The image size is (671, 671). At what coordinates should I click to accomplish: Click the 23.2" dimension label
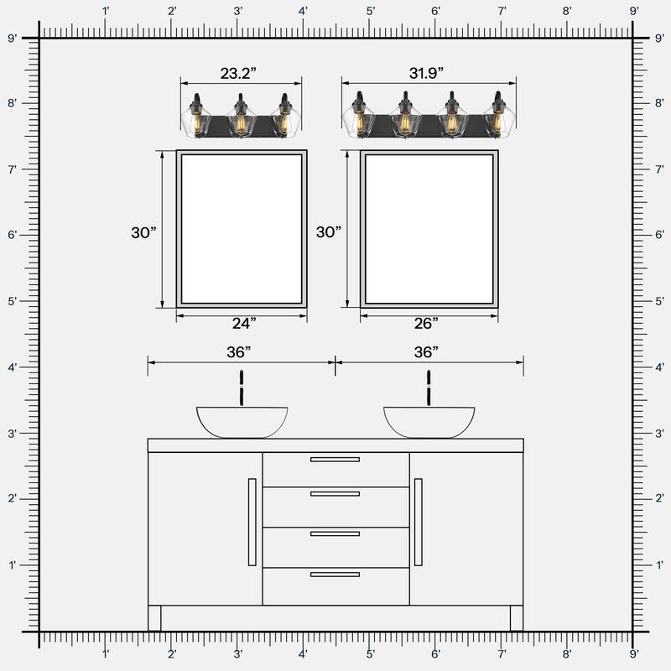coord(238,74)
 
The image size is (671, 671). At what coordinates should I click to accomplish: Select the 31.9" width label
coord(427,74)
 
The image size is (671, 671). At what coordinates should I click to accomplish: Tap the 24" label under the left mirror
coord(242,323)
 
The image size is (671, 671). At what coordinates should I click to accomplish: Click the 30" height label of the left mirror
coord(143,232)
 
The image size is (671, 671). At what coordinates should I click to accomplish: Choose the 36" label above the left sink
coord(241,351)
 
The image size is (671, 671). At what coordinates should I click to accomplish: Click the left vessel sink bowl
coord(242,421)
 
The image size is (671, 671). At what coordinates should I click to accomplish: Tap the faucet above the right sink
coord(429,388)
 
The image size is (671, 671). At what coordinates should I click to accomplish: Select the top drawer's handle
coord(335,460)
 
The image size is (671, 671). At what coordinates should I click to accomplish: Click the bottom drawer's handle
coord(335,575)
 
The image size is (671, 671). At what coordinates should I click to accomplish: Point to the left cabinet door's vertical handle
coord(252,522)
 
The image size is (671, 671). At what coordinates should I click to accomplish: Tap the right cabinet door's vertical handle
coord(419,522)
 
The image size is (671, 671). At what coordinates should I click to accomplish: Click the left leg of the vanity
coord(154,618)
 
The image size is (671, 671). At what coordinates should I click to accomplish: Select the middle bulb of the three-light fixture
coord(242,122)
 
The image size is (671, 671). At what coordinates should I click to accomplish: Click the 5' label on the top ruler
coord(370,12)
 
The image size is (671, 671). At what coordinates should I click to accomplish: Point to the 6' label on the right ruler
coord(658,235)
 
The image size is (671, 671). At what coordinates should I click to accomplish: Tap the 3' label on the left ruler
coord(13,434)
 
